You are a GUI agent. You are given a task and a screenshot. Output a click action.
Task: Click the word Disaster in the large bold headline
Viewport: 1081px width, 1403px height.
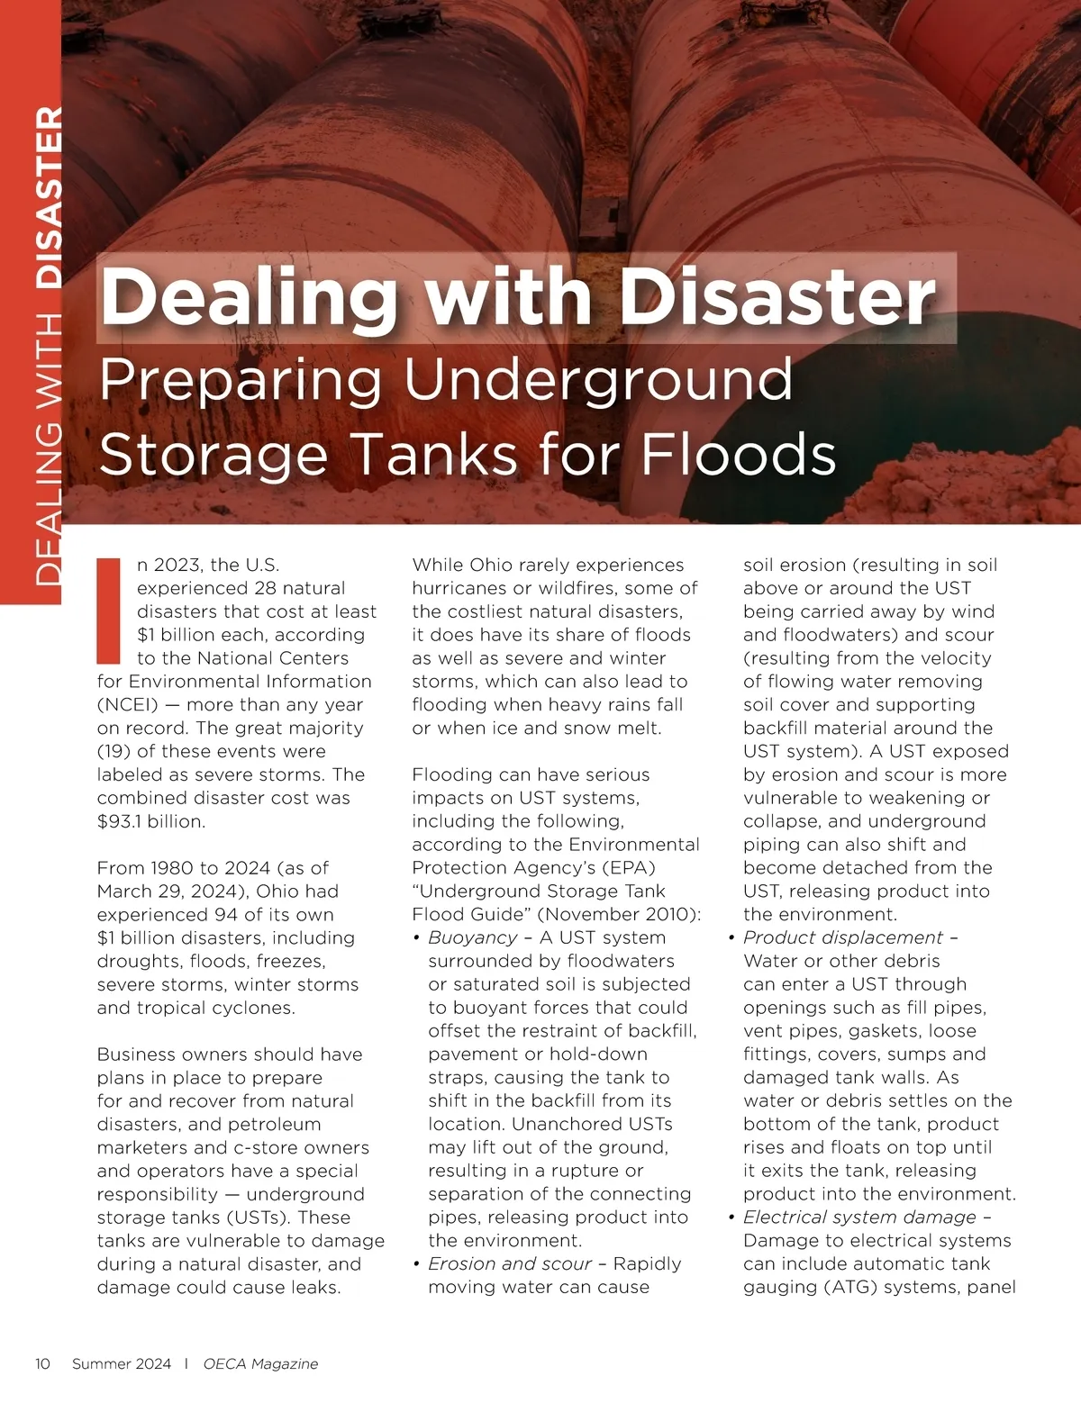coord(778,297)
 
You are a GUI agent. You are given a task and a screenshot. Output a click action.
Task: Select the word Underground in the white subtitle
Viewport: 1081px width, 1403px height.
coord(598,380)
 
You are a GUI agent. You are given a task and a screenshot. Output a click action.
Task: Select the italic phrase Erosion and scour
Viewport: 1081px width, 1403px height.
coord(510,1263)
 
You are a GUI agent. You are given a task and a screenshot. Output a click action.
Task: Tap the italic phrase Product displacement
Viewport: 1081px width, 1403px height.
coord(843,937)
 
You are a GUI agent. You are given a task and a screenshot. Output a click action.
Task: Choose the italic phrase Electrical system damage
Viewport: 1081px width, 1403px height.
coord(859,1217)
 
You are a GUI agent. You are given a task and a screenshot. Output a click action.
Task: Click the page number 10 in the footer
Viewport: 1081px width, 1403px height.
coord(42,1363)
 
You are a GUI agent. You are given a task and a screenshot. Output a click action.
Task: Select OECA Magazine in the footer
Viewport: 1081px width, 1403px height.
coord(260,1363)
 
